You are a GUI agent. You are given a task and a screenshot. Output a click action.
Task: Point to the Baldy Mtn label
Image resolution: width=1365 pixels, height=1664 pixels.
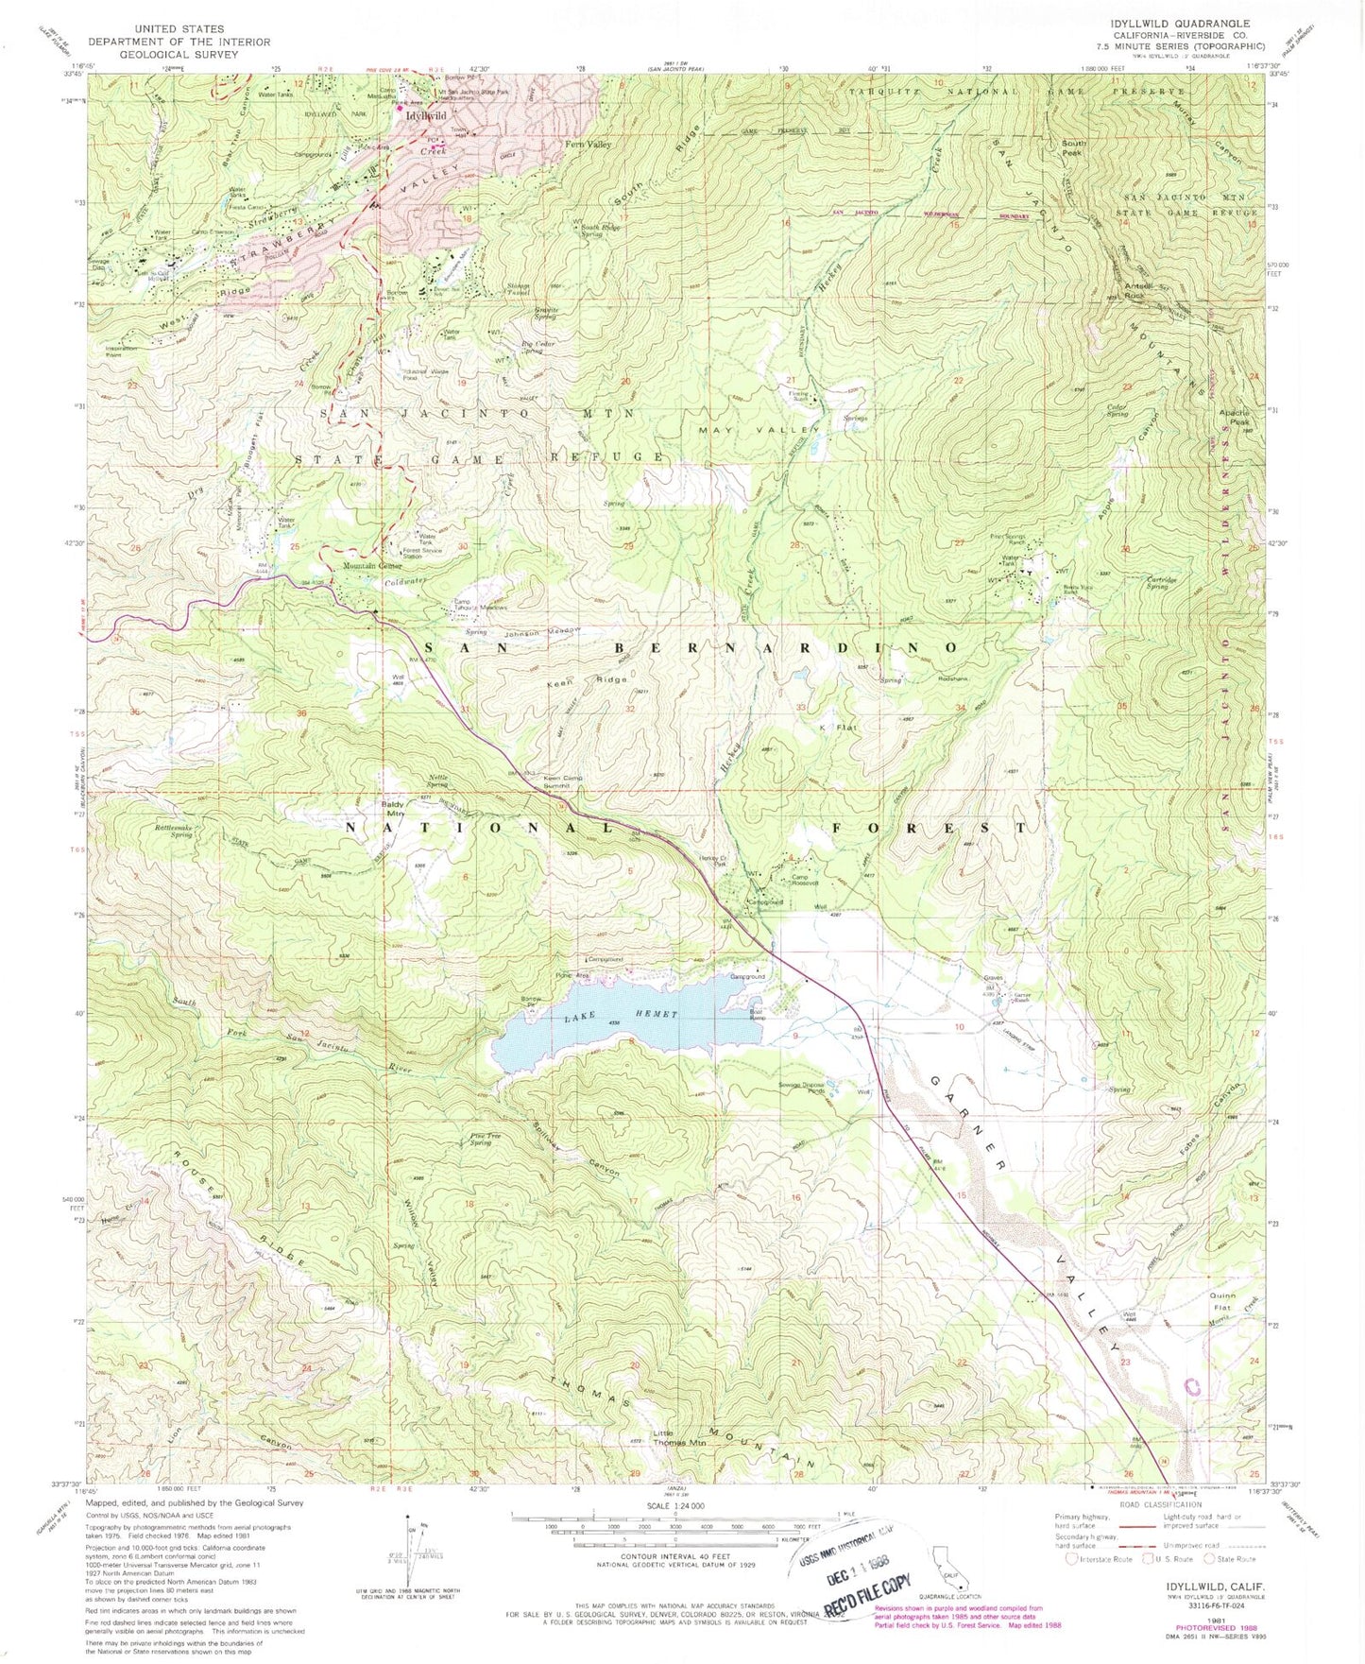coord(393,808)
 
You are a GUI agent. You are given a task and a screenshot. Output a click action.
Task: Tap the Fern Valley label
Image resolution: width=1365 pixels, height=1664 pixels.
coord(588,145)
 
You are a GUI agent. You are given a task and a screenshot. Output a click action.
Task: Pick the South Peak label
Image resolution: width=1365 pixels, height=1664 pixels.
coord(1074,148)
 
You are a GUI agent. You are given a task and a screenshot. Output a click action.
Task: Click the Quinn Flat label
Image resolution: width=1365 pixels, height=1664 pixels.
coord(1226,1300)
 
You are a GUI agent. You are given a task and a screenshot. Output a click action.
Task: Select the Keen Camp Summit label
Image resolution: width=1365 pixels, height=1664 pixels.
coord(563,781)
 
